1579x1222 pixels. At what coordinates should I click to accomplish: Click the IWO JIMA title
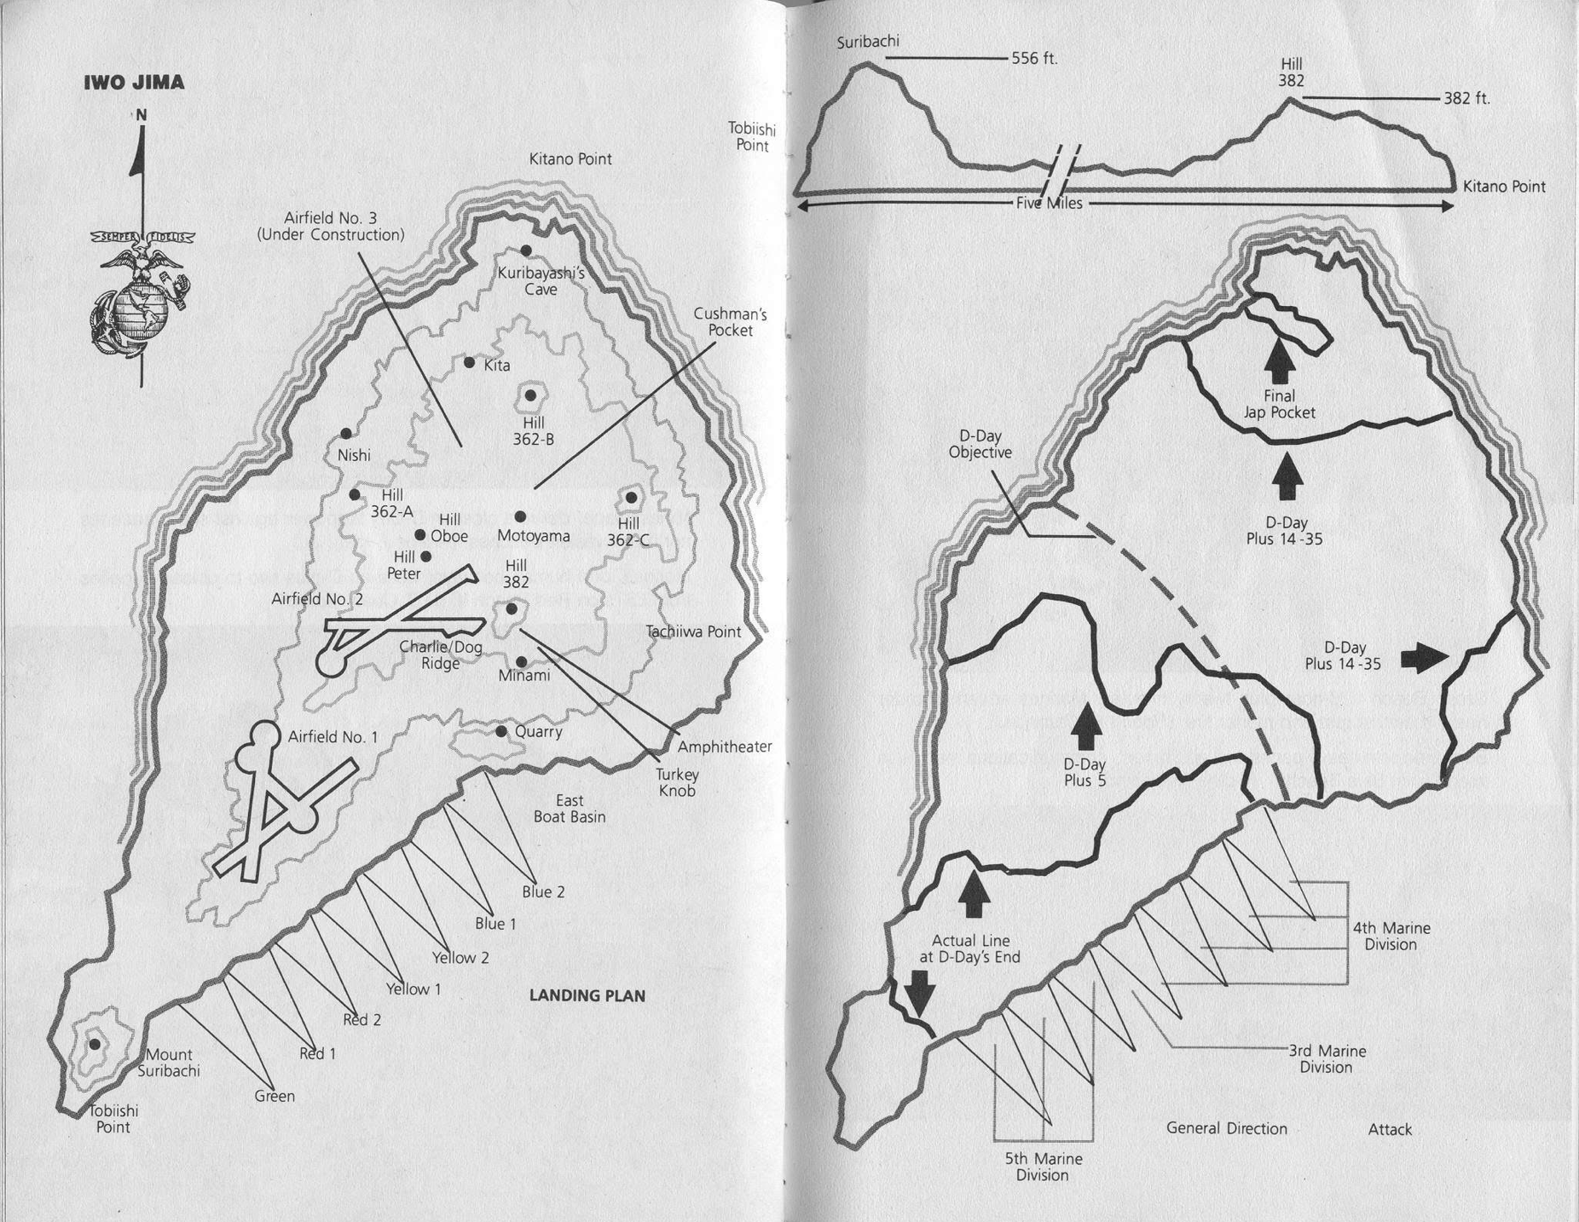134,83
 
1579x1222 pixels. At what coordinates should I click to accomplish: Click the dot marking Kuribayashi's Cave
526,250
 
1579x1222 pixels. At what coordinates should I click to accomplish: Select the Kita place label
497,366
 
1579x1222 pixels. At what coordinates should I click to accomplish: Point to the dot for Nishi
345,434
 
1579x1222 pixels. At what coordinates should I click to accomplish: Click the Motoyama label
534,536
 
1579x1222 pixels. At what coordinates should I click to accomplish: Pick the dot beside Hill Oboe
419,535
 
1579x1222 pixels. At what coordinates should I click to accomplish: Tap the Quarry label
538,732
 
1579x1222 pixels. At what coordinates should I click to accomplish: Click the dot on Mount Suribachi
95,1044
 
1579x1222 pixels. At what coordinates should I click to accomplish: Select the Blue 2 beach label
543,892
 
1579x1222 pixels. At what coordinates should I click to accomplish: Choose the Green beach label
275,1097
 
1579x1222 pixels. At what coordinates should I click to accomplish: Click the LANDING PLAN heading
587,995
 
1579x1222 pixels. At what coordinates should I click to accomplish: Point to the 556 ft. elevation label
1034,59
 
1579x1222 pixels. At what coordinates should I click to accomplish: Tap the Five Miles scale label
1050,203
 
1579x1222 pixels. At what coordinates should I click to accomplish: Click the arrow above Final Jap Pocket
1280,362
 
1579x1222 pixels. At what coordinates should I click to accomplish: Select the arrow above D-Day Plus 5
1085,730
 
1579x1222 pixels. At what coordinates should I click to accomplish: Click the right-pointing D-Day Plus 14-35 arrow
1426,657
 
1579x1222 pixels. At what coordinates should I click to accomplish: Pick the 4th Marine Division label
1391,936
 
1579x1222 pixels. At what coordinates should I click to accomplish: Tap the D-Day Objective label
980,444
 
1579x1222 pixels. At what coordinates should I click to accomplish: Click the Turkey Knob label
677,782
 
